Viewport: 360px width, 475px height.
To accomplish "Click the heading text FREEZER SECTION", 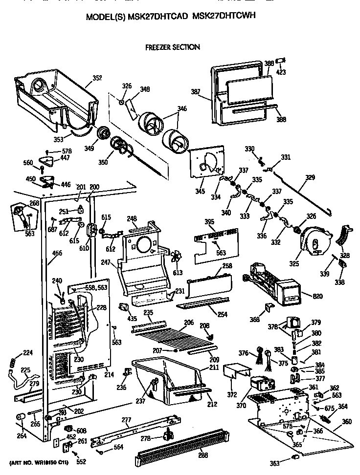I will tap(173, 47).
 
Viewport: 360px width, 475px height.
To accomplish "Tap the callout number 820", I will tap(304, 295).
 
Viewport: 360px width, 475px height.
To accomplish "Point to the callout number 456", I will tap(57, 253).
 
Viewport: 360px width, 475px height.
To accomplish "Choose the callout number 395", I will tap(209, 222).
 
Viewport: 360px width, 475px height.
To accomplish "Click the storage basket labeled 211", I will tap(166, 379).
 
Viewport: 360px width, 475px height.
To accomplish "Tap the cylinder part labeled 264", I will tap(21, 416).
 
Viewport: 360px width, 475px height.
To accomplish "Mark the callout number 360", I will tap(347, 421).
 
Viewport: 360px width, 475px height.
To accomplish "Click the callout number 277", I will tap(126, 419).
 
